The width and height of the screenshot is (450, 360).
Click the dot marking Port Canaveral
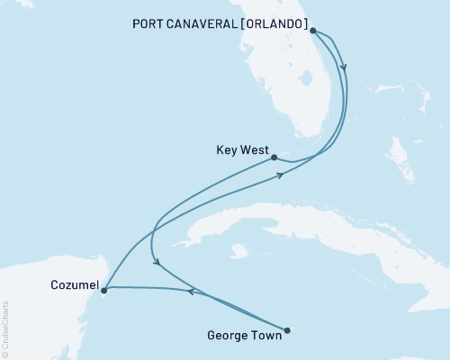point(312,31)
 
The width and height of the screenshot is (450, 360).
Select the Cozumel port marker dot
point(104,290)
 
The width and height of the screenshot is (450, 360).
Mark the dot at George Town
point(287,329)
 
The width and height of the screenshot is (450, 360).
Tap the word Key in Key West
point(227,152)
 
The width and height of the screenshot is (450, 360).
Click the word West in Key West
point(254,152)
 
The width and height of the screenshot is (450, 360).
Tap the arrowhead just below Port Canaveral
point(345,67)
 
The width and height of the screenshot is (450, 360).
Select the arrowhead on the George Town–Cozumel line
point(192,290)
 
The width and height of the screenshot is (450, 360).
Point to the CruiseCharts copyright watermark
point(5,328)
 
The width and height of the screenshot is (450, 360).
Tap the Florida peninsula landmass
point(297,90)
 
